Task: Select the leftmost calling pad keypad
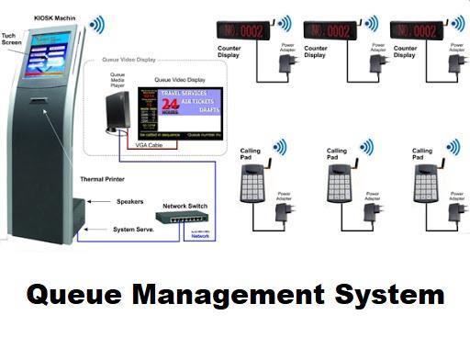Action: click(251, 185)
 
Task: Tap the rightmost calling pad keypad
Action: click(423, 185)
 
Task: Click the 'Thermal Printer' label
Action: click(103, 179)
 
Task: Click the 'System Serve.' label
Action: click(134, 229)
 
